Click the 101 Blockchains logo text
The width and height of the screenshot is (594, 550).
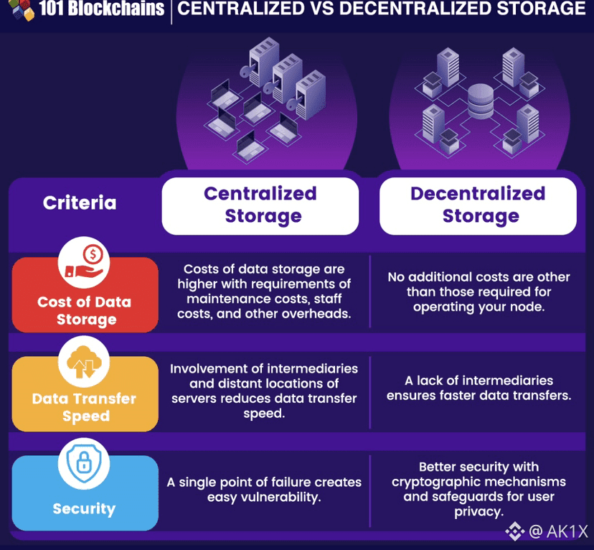click(x=100, y=9)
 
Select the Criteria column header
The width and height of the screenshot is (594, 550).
click(x=80, y=203)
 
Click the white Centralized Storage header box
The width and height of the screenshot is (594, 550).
click(x=260, y=205)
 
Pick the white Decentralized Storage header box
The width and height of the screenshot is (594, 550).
click(x=478, y=205)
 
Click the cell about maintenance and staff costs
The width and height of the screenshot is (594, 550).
click(x=264, y=292)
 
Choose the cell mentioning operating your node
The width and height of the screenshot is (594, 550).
click(x=478, y=292)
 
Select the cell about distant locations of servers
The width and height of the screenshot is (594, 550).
click(x=264, y=391)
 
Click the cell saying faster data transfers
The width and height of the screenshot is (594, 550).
click(x=478, y=388)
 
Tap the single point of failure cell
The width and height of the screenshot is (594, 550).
click(x=264, y=490)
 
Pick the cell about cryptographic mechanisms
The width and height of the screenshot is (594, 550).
click(x=478, y=489)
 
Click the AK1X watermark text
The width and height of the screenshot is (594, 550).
click(x=558, y=531)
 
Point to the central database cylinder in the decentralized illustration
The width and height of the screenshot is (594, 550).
click(x=480, y=101)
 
